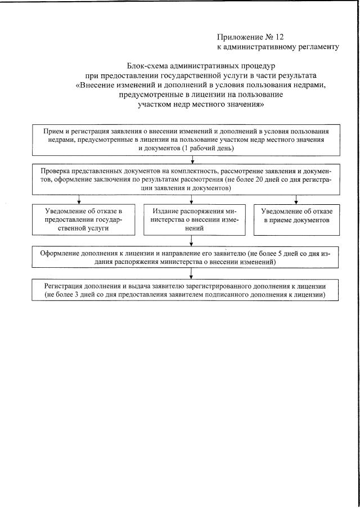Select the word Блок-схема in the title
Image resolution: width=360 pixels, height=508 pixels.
click(147, 66)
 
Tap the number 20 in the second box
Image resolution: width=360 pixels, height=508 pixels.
click(272, 179)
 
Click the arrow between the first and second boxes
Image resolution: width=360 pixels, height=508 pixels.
click(193, 160)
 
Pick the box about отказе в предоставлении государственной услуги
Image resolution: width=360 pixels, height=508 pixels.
click(83, 219)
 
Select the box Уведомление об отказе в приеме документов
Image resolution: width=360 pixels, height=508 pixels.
click(296, 219)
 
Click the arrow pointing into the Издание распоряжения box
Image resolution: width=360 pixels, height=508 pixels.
click(192, 200)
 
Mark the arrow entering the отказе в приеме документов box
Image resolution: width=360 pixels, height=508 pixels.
click(296, 200)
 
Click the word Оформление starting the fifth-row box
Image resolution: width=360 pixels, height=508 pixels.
click(59, 254)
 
